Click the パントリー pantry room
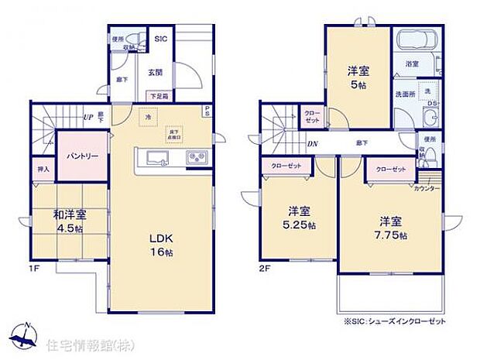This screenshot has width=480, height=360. coord(81,156)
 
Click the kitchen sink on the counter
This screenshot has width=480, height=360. coord(157,159)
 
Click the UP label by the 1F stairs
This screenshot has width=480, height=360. coord(88,118)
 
